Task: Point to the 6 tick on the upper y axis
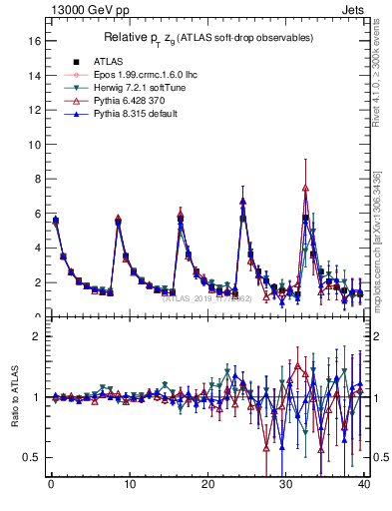(x=36, y=214)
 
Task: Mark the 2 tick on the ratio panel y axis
(x=36, y=336)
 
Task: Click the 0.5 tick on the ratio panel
(x=31, y=457)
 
